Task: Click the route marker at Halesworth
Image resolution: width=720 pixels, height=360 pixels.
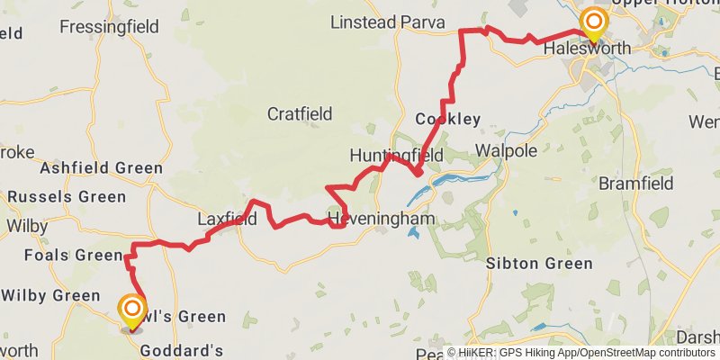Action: [x=593, y=21]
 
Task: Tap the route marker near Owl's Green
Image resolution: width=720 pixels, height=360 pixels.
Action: [x=132, y=311]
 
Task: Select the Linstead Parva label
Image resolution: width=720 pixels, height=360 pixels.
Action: [x=388, y=22]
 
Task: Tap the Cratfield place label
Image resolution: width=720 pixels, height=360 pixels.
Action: [x=300, y=114]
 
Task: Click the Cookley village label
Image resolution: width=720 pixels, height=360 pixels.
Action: [x=448, y=119]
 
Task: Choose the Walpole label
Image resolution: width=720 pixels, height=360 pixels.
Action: [x=505, y=148]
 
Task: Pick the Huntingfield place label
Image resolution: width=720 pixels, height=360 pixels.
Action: [x=396, y=156]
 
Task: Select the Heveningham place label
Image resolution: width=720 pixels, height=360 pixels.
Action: [x=382, y=219]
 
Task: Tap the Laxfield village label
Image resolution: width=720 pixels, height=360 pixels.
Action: [x=227, y=219]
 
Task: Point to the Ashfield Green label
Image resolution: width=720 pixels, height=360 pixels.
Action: [x=101, y=168]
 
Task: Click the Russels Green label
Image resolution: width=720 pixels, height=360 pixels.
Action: [x=67, y=196]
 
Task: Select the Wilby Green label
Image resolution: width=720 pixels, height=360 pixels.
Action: [x=50, y=295]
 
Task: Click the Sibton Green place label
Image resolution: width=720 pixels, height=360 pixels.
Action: [x=539, y=264]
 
